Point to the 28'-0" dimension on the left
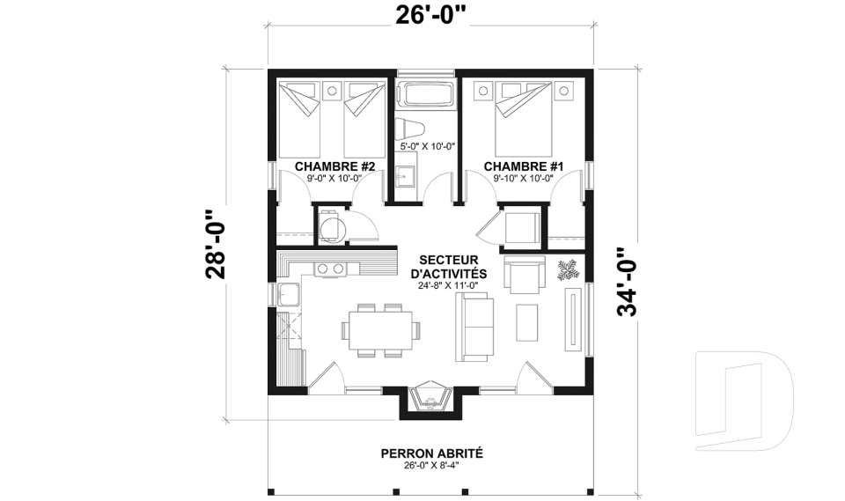(x=216, y=244)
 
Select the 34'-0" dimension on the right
(x=628, y=281)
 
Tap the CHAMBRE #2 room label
(x=334, y=166)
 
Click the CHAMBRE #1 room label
(x=524, y=166)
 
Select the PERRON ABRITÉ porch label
(x=431, y=453)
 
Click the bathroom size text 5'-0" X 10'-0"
(x=426, y=147)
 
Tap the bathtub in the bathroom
(x=425, y=94)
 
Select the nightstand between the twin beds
(x=334, y=89)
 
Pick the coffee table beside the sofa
(x=528, y=321)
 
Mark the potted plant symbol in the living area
(x=567, y=269)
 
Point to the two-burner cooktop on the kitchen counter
(x=330, y=269)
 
